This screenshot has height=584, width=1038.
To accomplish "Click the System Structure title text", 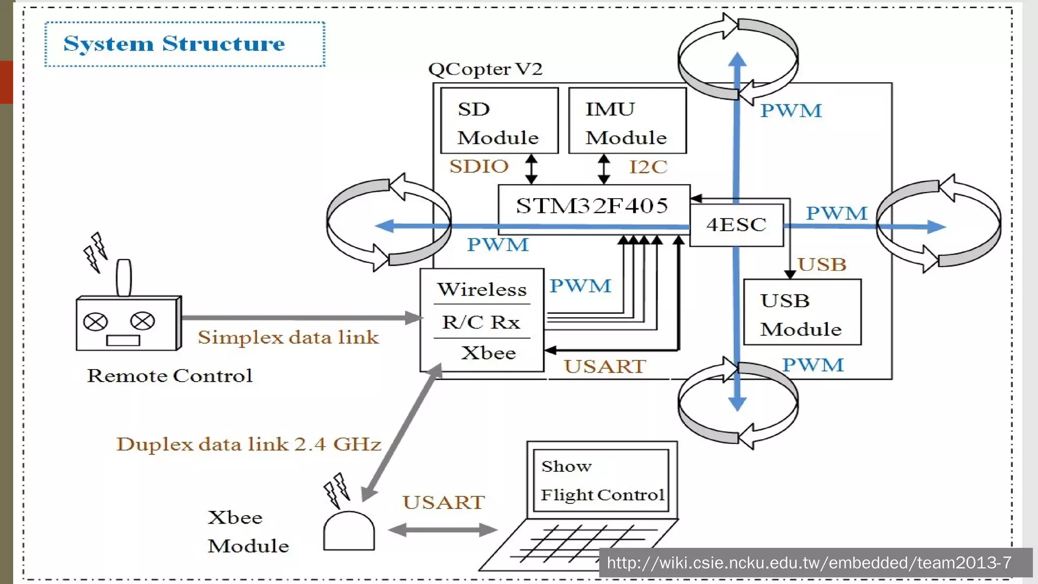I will coord(174,44).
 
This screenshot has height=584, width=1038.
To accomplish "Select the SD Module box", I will coord(499,121).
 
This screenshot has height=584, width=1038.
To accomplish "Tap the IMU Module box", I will coord(627,121).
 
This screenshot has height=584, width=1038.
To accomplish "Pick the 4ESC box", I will coord(736,225).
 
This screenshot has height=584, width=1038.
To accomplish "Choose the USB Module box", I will coord(802,312).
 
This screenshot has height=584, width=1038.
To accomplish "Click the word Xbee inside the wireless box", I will coord(488,353).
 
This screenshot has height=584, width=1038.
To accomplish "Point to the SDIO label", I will coord(479,167).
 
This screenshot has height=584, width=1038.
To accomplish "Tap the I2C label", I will coord(648,167).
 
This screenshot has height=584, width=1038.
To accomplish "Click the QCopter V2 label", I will coord(485,69).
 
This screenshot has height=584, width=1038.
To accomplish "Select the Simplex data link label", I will coord(288,338).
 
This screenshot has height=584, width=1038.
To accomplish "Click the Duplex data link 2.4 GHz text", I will coord(248,445).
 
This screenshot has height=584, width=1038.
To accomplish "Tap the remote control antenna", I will coord(124,277).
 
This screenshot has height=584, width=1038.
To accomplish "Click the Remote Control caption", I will coord(169,376).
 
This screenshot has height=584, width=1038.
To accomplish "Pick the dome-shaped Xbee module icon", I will coord(349,531).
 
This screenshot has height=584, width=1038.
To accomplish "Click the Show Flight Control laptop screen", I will coord(602,480).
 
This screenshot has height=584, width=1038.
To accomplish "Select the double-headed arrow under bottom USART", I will coord(443,530).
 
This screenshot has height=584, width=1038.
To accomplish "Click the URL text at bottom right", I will coord(809,563).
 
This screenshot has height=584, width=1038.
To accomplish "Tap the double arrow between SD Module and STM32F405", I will coord(531,169).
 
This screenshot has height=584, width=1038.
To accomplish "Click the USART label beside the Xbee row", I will coord(605,367).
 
